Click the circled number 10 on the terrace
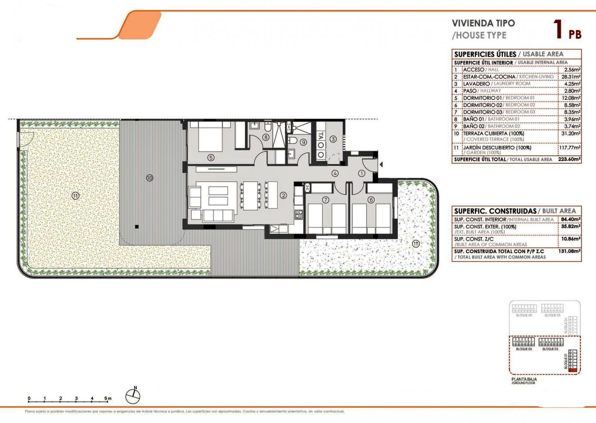point(149,178)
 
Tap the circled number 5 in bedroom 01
point(211,157)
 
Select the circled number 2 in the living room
point(284,195)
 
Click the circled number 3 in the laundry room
point(333,139)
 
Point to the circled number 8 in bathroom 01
point(266,137)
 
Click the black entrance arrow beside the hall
point(381,165)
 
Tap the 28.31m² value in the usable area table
point(572,77)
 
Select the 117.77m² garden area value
point(570,148)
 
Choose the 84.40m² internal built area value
point(571,219)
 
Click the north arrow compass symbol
point(133,396)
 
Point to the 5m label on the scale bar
point(108,398)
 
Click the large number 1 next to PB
point(558,29)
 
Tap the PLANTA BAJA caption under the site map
point(524,379)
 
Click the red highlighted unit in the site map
point(573,369)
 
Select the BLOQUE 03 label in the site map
point(524,349)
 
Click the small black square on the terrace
point(137,226)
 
